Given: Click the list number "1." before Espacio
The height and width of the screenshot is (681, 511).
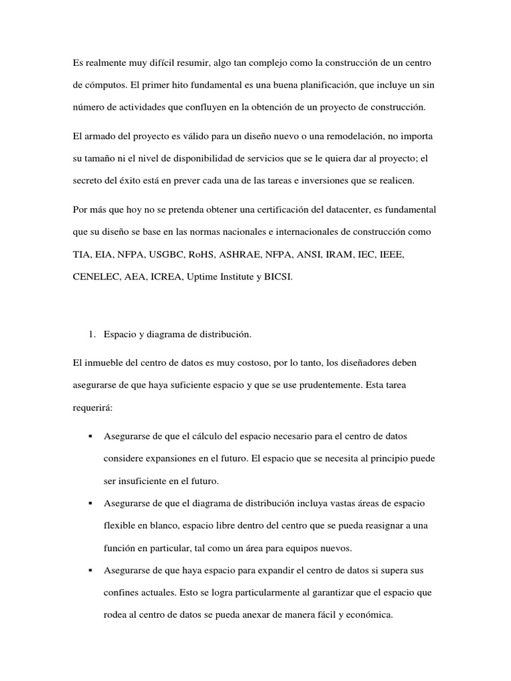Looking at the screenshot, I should coord(92,335).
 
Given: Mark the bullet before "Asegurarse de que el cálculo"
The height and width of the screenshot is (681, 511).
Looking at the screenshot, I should coord(89,436).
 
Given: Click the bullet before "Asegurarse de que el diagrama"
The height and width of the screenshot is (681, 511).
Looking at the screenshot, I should coord(89,504).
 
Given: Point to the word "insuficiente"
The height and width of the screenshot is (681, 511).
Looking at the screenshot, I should coord(142,481).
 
